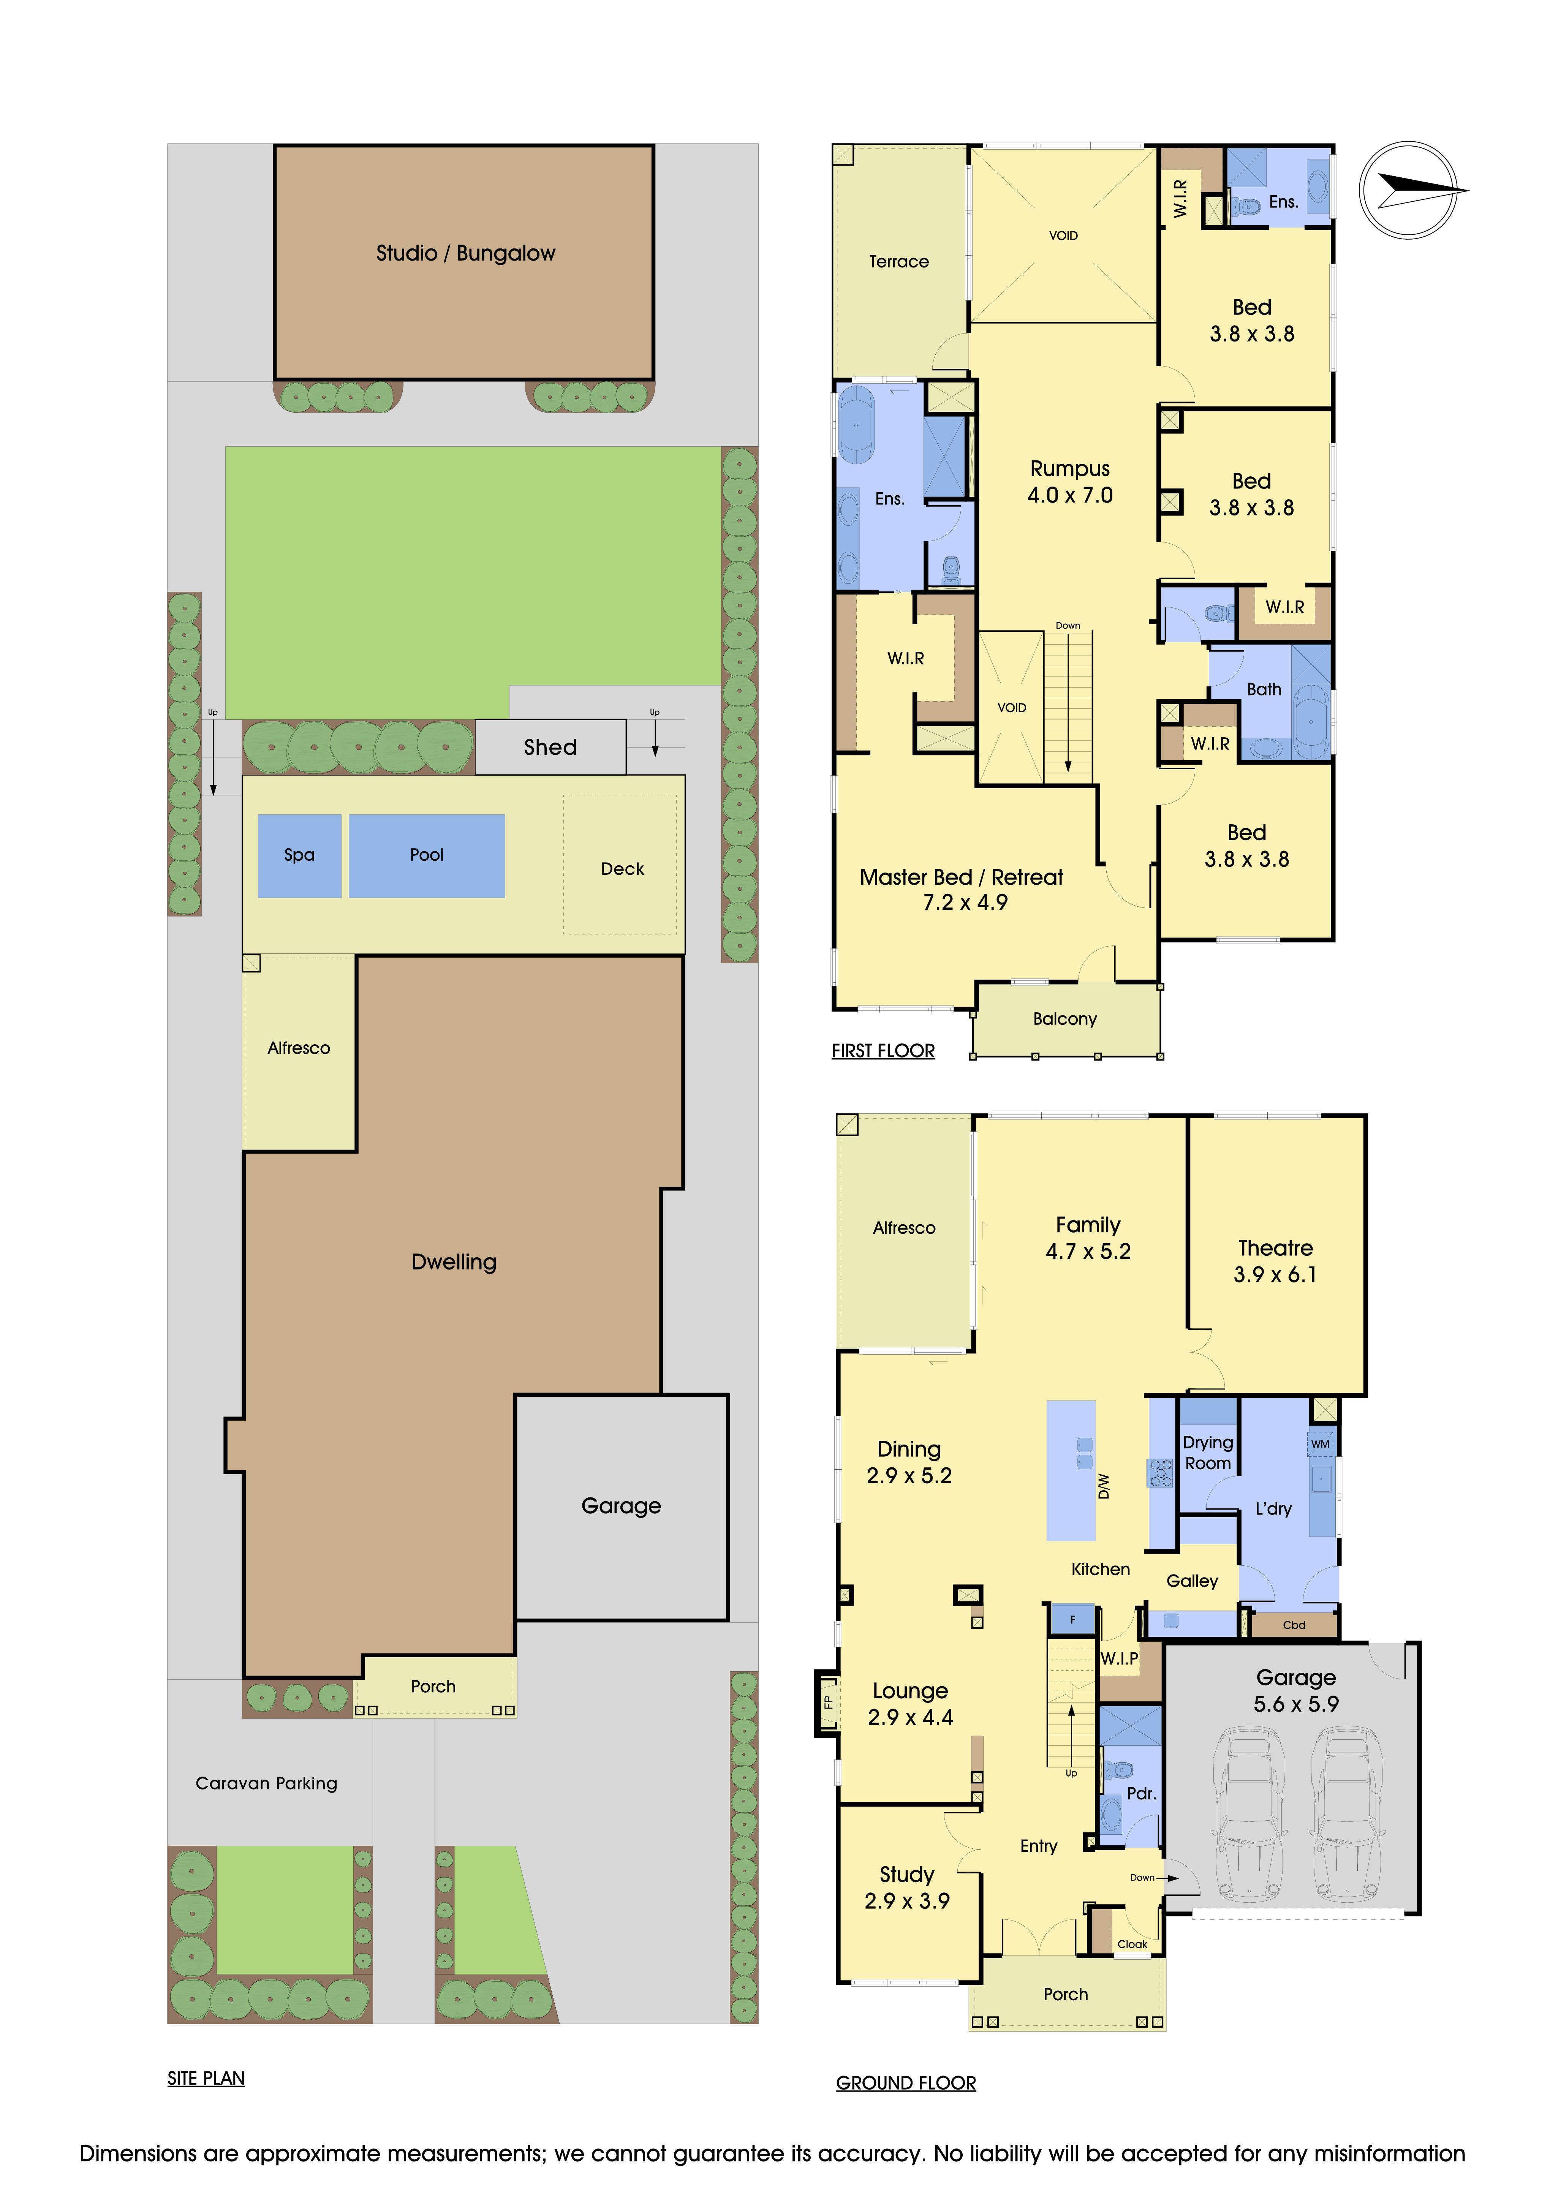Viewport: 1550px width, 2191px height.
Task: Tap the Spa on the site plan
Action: (300, 855)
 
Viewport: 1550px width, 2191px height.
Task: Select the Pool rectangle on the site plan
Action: (427, 855)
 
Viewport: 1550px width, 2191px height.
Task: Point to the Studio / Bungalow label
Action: (466, 253)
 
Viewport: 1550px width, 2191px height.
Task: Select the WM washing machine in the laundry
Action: (1320, 1444)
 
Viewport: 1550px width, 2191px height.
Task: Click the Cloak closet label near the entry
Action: (1133, 1944)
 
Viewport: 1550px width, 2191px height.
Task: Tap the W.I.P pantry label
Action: (1120, 1658)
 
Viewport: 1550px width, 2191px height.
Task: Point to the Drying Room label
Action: (1208, 1453)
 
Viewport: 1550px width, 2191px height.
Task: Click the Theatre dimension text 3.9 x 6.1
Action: (1275, 1275)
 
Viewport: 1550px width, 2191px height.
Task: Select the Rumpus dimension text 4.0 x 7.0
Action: (1070, 495)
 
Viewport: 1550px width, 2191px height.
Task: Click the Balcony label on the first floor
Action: (1065, 1019)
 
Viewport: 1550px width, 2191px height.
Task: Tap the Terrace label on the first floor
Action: (899, 261)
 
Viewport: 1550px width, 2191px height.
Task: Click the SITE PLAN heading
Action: (206, 2079)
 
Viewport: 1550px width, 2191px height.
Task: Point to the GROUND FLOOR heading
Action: (906, 2083)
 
